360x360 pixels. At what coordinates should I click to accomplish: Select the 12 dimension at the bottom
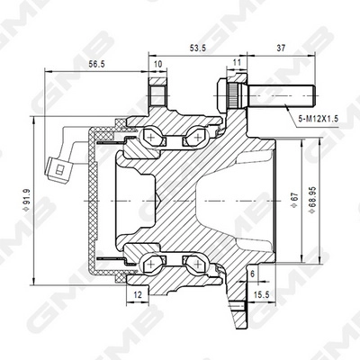(136, 293)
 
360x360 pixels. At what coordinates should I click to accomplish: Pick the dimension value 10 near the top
(159, 65)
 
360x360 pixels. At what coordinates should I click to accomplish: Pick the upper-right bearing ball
(193, 139)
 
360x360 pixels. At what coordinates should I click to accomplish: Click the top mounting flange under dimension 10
(158, 95)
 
